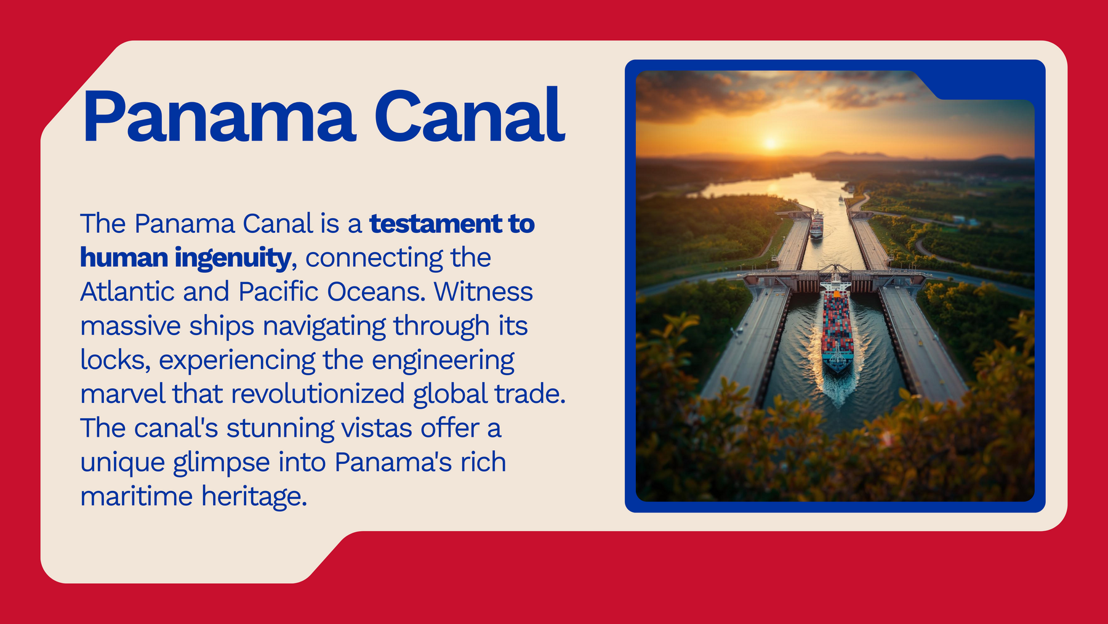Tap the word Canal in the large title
pos(469,116)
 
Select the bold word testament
pos(435,224)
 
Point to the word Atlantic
pos(127,291)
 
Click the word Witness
pos(483,291)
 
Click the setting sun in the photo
pos(770,143)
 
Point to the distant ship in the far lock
pos(816,224)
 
